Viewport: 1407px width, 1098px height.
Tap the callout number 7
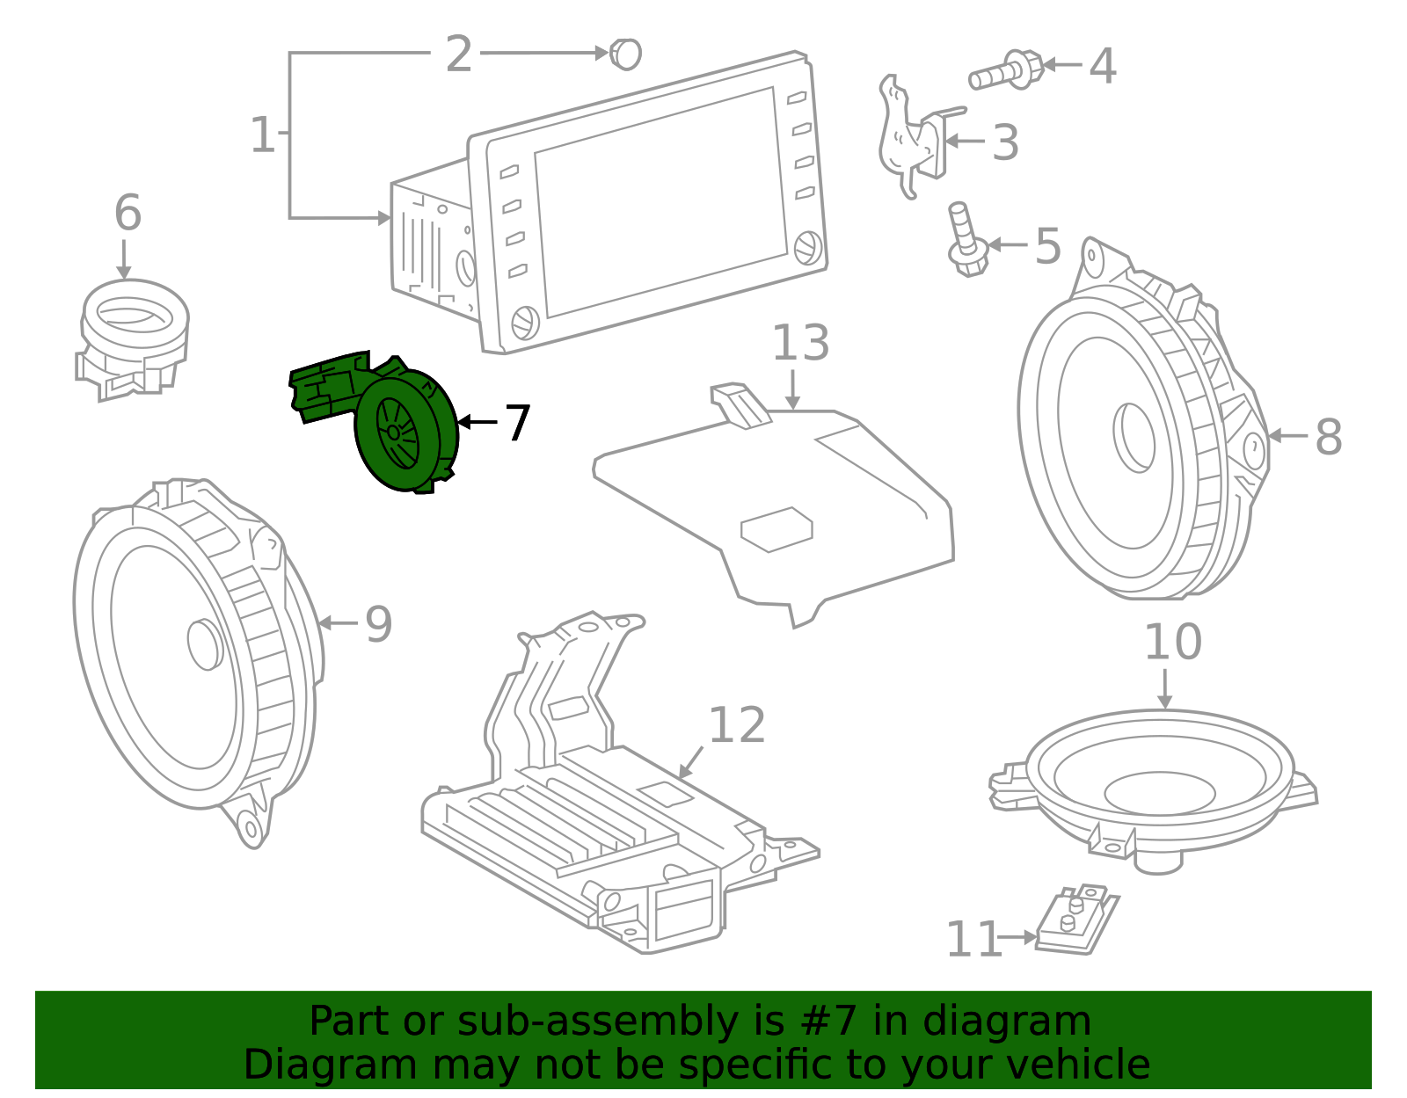(517, 423)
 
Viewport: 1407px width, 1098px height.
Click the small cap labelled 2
(626, 55)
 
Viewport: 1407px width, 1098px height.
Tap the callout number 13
(800, 344)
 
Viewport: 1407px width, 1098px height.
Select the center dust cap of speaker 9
(205, 644)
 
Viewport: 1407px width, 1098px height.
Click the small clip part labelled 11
(1075, 920)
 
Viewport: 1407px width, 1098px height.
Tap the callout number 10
(1172, 643)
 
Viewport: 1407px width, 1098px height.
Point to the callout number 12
(737, 726)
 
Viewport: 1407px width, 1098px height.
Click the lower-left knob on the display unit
(524, 322)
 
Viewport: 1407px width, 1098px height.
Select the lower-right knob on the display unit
(807, 248)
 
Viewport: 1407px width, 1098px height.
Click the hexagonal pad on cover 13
(776, 529)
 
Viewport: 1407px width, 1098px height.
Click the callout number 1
(262, 135)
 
